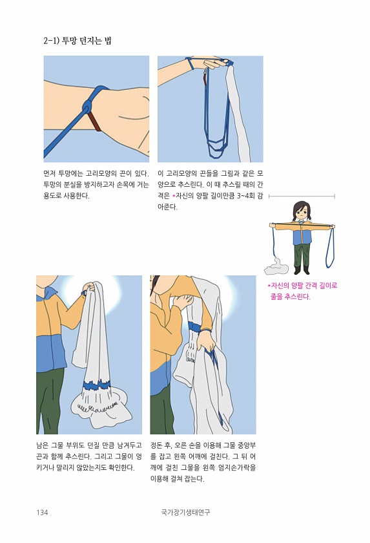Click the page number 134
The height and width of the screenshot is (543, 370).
point(42,512)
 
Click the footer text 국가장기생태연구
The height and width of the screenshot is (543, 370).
point(185,512)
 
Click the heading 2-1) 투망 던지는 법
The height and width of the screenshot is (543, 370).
point(77,41)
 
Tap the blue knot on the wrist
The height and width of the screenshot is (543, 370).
point(88,105)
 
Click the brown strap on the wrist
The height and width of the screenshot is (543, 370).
point(95,122)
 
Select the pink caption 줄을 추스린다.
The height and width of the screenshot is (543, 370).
point(291,297)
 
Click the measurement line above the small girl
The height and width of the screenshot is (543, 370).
point(302,197)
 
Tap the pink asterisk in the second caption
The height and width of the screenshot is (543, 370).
point(173,196)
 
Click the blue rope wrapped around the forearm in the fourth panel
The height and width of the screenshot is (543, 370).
point(196,327)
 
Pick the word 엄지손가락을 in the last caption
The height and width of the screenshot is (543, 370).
point(237,467)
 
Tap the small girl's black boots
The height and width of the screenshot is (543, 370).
point(301,270)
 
